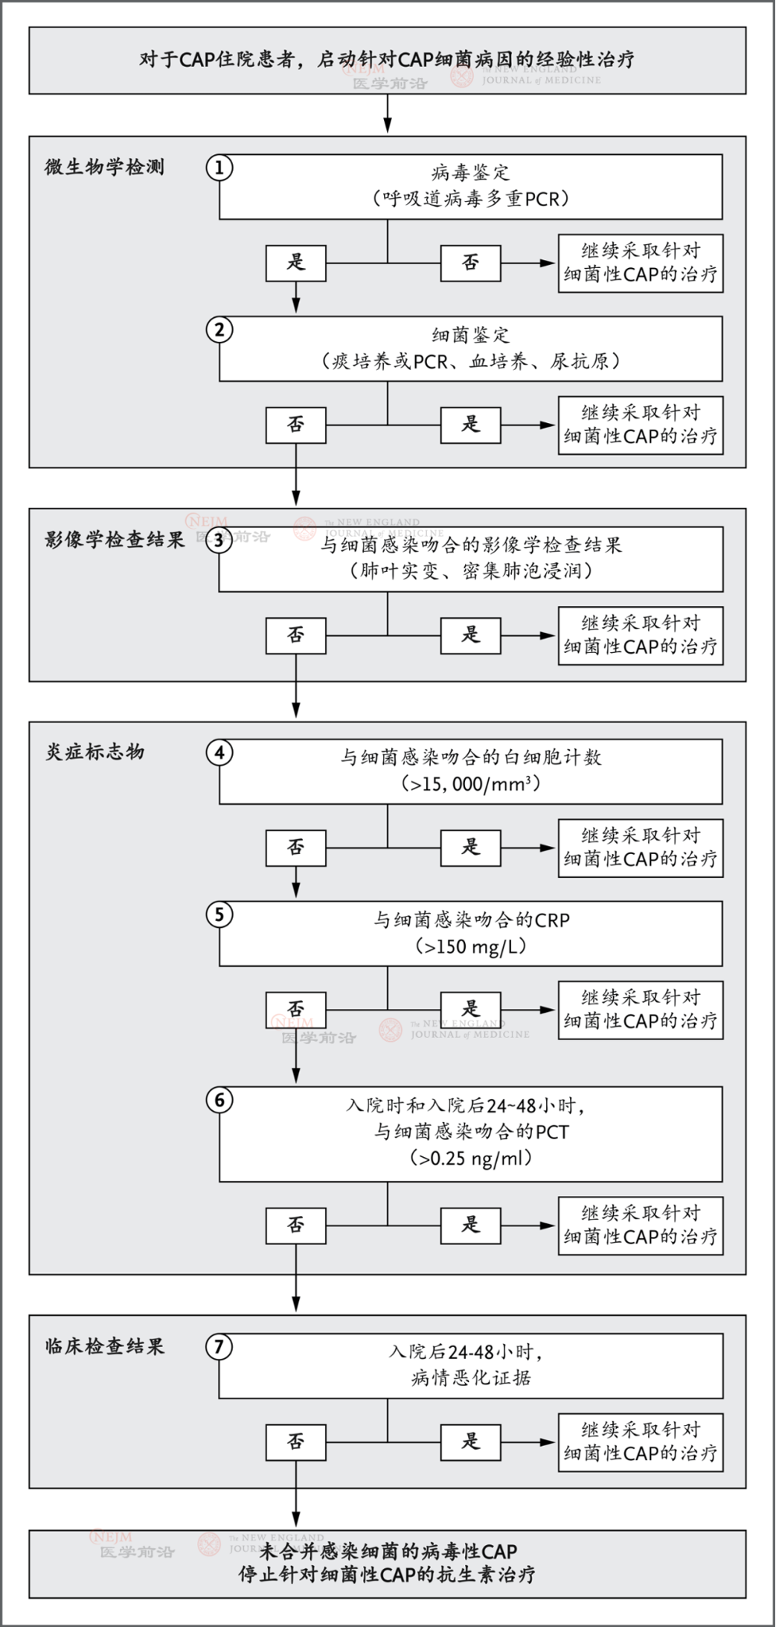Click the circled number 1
coord(219,168)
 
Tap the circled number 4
coord(219,753)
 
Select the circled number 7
coord(219,1346)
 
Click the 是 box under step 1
coord(295,263)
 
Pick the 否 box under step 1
coord(470,263)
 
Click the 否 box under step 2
coord(295,425)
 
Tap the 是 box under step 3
coord(470,635)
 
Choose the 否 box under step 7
coord(295,1442)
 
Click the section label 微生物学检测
coord(104,167)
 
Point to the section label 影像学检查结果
coord(115,540)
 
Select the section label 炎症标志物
coord(95,752)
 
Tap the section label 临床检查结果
coord(105,1346)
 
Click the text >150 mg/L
coord(471,947)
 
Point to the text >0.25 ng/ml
coord(471,1159)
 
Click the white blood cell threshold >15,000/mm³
coord(471,784)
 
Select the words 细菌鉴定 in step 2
coord(471,335)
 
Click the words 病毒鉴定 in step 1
coord(471,173)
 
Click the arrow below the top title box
coord(387,115)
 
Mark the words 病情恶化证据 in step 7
coord(471,1378)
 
